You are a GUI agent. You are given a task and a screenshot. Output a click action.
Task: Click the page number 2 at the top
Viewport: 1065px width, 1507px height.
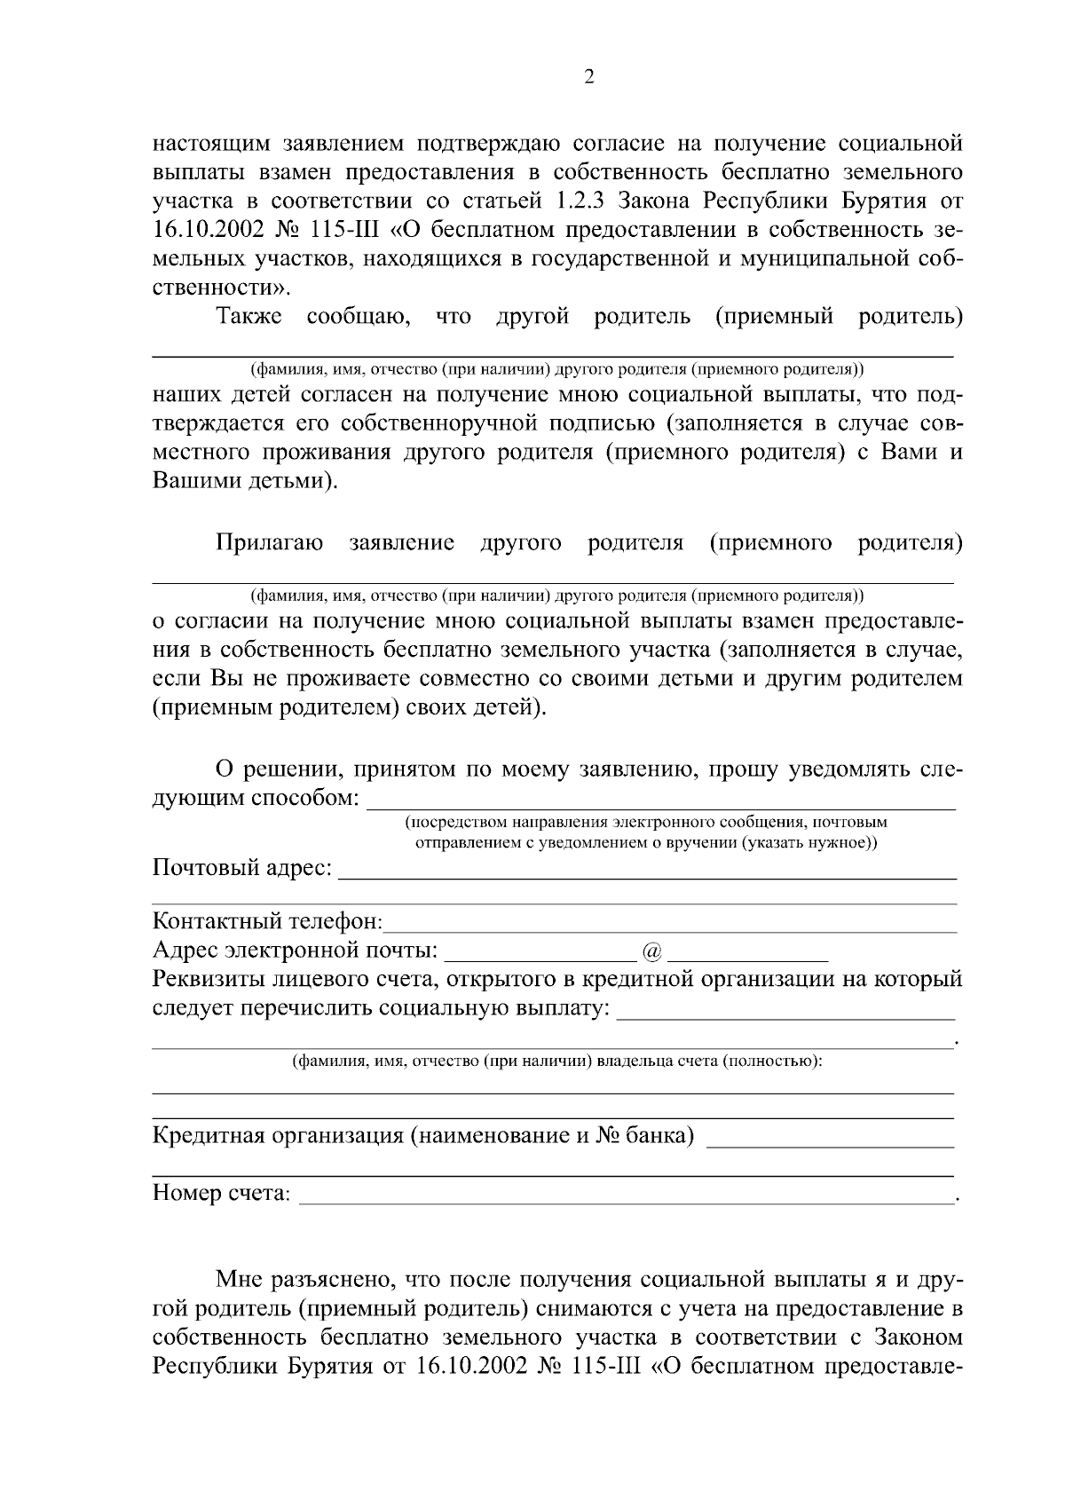pos(590,77)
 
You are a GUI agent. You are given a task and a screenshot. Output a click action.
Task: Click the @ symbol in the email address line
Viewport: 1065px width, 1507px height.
pos(651,951)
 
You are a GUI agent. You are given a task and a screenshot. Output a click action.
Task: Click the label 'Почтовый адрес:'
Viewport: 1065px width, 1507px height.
pos(242,867)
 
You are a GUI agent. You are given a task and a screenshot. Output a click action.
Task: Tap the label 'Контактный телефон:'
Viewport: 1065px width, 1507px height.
pos(267,922)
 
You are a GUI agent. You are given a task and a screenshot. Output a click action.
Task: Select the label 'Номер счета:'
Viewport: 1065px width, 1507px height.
pos(221,1194)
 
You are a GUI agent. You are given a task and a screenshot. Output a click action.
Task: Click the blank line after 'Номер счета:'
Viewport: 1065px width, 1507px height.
pos(626,1198)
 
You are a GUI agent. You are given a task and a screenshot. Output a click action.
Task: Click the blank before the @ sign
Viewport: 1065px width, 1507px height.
pos(539,957)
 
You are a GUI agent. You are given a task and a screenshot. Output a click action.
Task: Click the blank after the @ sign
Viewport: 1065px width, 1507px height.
pos(747,957)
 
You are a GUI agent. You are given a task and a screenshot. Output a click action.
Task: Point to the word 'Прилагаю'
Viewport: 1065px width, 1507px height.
pos(269,542)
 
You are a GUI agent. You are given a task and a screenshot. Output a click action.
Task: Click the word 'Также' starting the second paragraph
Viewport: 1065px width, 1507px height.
pos(248,317)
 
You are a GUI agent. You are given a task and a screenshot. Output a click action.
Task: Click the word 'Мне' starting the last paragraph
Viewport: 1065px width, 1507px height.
pos(237,1280)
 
